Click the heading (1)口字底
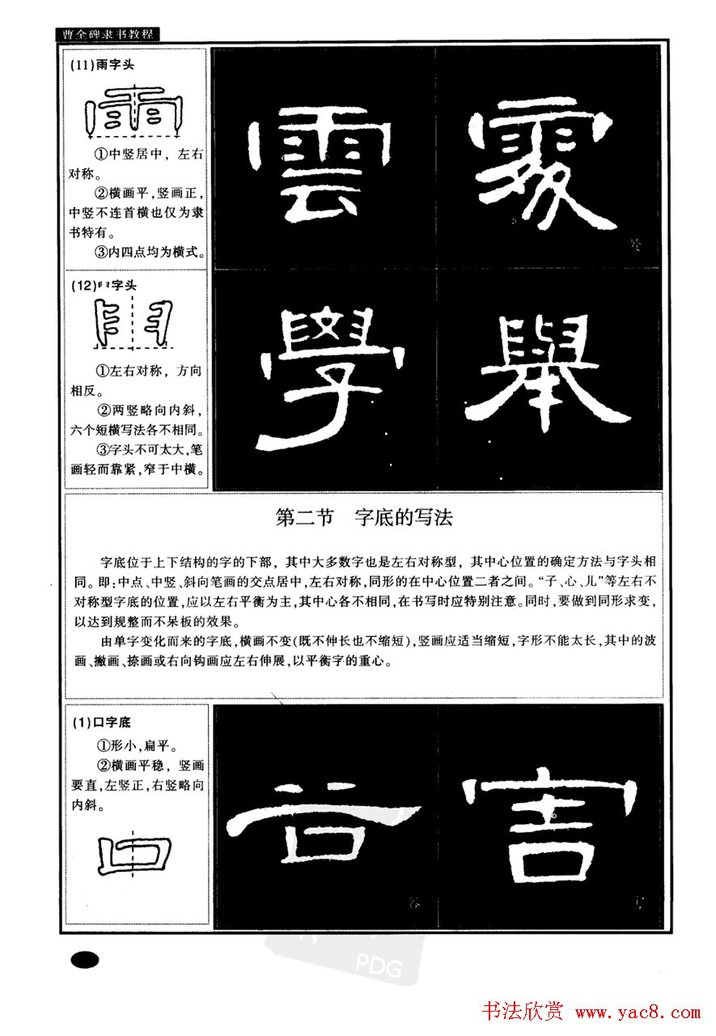[100, 720]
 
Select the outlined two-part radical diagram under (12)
[134, 325]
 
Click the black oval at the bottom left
[84, 960]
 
